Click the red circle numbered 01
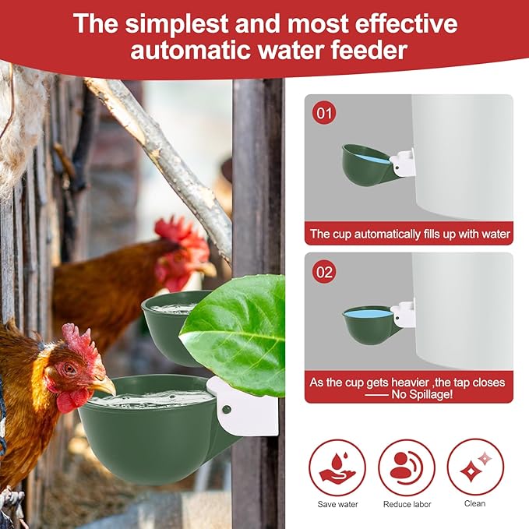[325, 115]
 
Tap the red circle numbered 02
[325, 272]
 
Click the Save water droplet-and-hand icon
[337, 467]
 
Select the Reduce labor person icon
[407, 467]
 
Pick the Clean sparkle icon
[474, 467]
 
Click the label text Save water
[337, 504]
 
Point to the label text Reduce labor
[407, 504]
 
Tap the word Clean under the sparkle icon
[474, 504]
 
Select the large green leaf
[238, 331]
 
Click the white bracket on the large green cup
[243, 407]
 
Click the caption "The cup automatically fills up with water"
[410, 234]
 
